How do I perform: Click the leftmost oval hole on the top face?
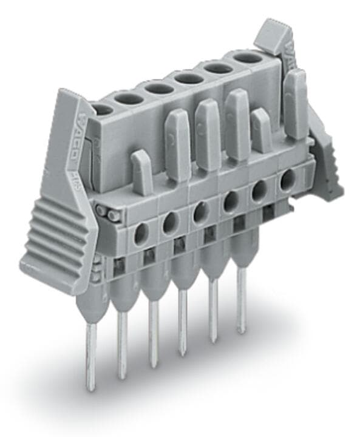[x=103, y=110]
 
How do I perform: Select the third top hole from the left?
[x=160, y=89]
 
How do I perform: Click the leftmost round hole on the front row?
[x=140, y=234]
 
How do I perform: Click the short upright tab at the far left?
[x=141, y=172]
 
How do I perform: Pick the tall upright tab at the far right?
[x=296, y=103]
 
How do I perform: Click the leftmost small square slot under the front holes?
[x=120, y=264]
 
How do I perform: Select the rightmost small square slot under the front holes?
[x=269, y=212]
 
